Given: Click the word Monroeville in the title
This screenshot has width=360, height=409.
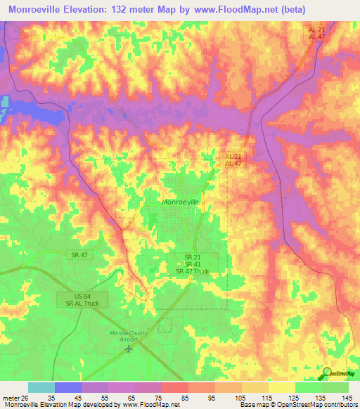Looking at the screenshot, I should pyautogui.click(x=41, y=9).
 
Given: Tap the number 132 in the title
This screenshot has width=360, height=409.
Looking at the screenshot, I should pyautogui.click(x=136, y=9).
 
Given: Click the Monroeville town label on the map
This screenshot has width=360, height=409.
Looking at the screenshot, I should pyautogui.click(x=181, y=202).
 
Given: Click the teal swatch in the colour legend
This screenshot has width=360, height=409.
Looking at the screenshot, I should pyautogui.click(x=41, y=387).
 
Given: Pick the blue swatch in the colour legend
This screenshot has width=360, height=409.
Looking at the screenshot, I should pyautogui.click(x=67, y=387).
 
